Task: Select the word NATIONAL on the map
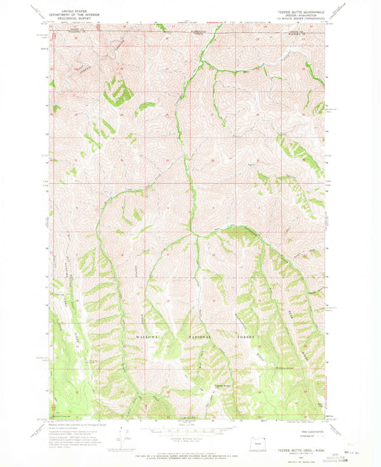197,335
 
